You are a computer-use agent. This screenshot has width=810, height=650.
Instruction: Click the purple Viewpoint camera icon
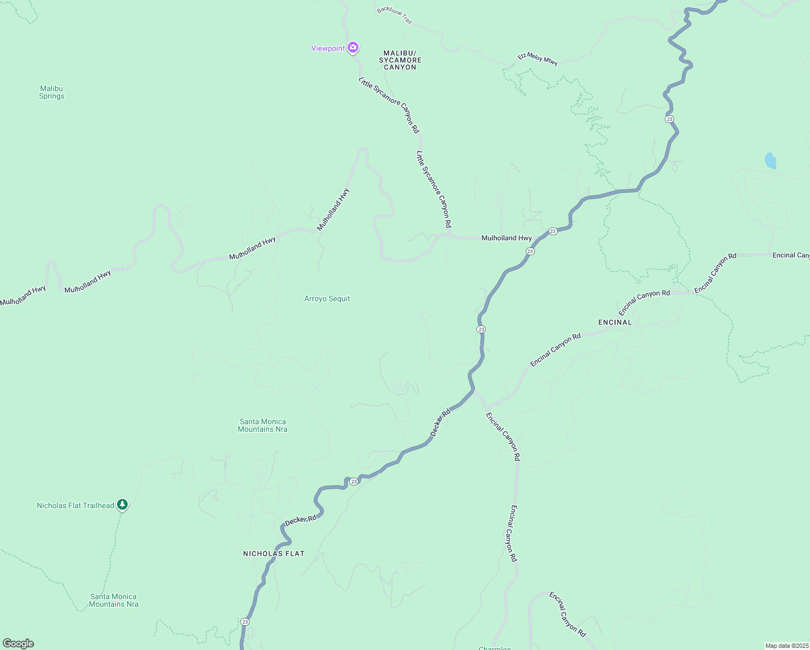tap(353, 48)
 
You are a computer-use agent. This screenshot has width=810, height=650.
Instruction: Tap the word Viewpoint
tap(328, 48)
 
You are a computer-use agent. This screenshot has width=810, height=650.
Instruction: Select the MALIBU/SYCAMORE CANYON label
tap(400, 60)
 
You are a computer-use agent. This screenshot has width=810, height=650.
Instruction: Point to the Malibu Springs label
tap(51, 92)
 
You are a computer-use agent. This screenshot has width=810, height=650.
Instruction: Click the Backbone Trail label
tap(395, 15)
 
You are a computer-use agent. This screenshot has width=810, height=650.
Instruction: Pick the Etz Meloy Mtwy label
tap(538, 58)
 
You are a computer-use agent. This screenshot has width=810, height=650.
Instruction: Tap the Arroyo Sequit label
tap(327, 298)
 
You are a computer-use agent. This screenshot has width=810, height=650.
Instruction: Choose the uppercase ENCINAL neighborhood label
tap(615, 322)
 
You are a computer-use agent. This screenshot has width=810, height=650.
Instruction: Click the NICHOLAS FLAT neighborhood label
tap(273, 554)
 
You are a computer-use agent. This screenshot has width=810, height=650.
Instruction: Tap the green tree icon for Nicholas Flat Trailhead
tap(123, 505)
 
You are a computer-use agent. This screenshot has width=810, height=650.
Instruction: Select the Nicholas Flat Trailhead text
tap(75, 505)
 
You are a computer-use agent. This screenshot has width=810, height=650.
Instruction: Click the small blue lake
tap(770, 161)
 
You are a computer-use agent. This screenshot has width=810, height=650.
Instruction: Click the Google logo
tap(18, 643)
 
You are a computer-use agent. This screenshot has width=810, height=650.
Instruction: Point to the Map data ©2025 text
tap(787, 646)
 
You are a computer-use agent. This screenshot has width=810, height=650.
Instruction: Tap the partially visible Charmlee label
tap(494, 648)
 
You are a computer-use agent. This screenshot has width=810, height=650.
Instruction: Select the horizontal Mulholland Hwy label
tap(506, 238)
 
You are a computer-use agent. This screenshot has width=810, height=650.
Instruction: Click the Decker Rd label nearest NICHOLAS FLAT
tap(301, 520)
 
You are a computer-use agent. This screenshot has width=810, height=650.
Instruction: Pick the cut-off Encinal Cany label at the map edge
tap(791, 255)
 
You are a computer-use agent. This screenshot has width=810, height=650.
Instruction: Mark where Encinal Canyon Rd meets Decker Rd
tap(474, 390)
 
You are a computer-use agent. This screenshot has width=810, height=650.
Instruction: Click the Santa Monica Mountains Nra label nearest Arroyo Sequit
tap(263, 425)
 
